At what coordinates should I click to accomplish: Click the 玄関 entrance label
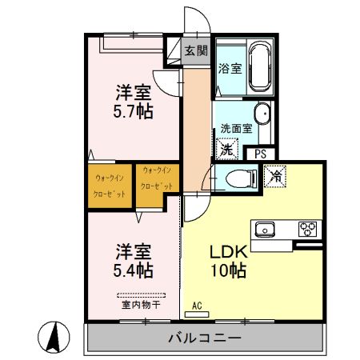point(196,50)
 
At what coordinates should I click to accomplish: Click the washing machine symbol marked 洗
point(227,149)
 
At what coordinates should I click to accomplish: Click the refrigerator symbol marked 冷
point(277,172)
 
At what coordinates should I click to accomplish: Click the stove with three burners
point(307,230)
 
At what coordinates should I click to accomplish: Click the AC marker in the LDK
point(198,306)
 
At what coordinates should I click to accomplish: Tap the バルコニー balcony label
point(204,338)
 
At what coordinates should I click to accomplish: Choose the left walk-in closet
point(109,186)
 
